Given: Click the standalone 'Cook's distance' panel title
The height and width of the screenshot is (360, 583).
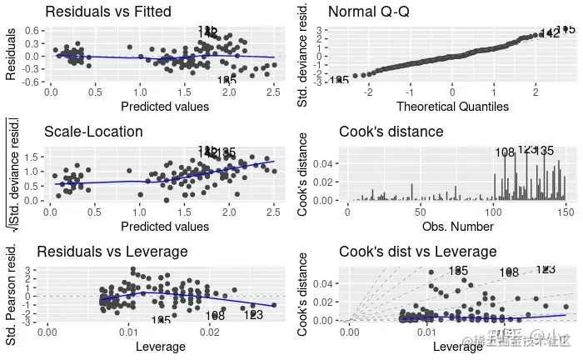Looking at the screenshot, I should [x=391, y=132].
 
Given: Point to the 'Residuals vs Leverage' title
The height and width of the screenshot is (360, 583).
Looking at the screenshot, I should [x=116, y=252].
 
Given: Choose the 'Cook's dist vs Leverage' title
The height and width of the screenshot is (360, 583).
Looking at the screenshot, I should [x=417, y=252].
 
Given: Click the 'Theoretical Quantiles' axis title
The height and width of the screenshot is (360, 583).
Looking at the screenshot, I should [x=452, y=106].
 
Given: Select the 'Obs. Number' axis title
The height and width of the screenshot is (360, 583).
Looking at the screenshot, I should [x=453, y=226].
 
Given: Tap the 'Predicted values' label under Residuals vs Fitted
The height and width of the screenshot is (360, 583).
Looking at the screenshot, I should [x=164, y=106].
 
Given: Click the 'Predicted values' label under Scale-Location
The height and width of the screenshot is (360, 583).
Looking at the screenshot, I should [x=164, y=226].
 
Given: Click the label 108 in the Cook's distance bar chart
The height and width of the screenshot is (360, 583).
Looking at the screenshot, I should [x=506, y=153].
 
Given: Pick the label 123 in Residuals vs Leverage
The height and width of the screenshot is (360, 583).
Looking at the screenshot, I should [x=253, y=315].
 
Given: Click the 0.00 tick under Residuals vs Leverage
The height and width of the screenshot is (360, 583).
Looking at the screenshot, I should [x=47, y=332].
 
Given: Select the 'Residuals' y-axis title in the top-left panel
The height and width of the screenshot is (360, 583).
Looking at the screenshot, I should [x=12, y=57].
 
